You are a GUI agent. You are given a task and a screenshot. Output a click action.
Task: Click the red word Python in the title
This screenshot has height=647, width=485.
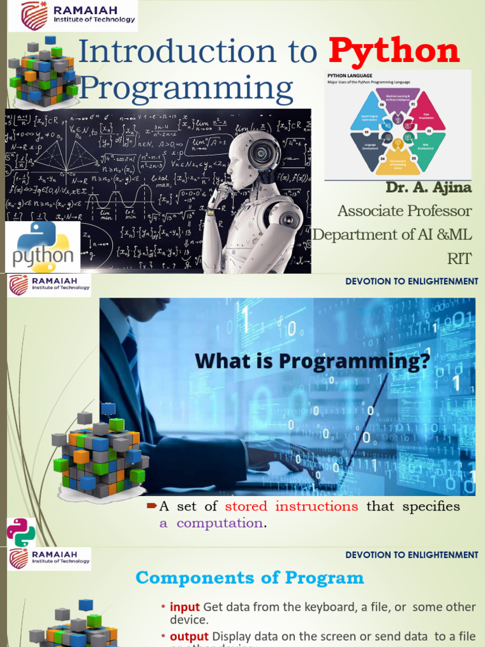point(394,51)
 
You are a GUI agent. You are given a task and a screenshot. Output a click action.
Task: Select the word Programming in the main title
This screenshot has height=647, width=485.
point(186,88)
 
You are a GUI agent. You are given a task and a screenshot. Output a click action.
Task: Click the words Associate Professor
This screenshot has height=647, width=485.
point(404,210)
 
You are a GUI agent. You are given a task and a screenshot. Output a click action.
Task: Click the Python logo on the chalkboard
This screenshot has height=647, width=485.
point(44,246)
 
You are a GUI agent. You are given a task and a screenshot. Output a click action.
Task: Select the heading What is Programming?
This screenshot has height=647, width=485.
point(312,361)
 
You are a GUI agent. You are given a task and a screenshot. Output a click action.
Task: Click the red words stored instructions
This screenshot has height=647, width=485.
point(291,506)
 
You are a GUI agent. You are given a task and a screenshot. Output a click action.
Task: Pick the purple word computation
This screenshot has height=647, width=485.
point(219,523)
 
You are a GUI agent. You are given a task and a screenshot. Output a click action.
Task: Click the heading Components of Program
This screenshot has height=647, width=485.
point(249,577)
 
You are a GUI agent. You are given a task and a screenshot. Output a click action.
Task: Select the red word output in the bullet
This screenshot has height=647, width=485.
point(189,636)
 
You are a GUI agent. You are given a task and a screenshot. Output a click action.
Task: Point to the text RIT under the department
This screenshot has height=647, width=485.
point(460,258)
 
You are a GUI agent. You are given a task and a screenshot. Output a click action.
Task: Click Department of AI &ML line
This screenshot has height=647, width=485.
point(393,235)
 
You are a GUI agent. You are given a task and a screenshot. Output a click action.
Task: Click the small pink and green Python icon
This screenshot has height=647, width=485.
point(21,532)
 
